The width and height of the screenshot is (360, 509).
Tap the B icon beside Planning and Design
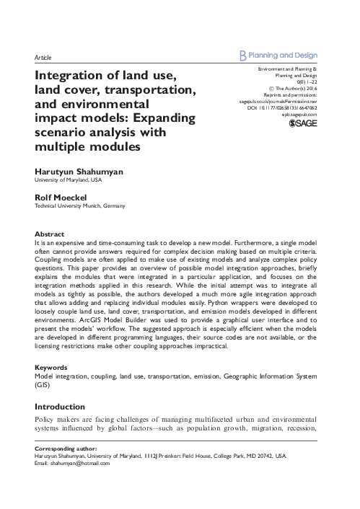pos(242,53)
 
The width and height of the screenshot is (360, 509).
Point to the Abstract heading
pos(50,234)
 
